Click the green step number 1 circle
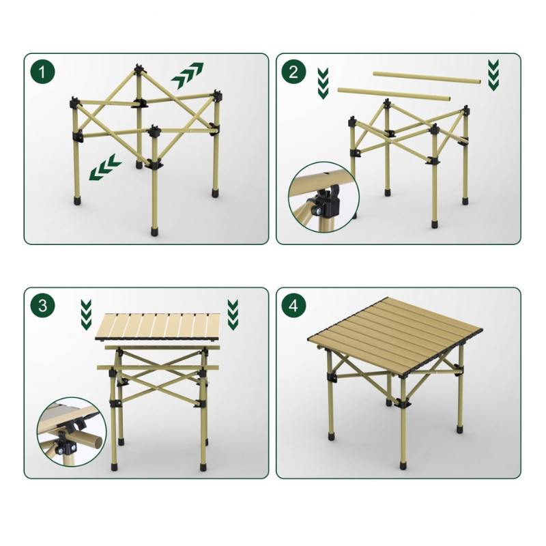coord(42,72)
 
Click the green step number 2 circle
coord(293,72)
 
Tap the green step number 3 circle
coord(42,306)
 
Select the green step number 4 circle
coord(293,306)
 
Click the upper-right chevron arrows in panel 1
coord(187,76)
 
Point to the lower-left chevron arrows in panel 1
coord(105,167)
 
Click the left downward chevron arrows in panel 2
coord(323,83)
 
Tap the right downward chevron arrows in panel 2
coord(493,75)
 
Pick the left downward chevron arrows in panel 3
coord(86,315)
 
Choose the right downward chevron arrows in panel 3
coord(233,315)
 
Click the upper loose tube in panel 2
coord(427,78)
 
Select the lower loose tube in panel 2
coord(394,94)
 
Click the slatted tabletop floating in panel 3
coord(158,327)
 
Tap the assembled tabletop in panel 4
coord(395,337)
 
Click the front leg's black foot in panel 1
coord(154,231)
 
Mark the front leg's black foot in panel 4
coord(403,465)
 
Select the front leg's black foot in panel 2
coord(434,224)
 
